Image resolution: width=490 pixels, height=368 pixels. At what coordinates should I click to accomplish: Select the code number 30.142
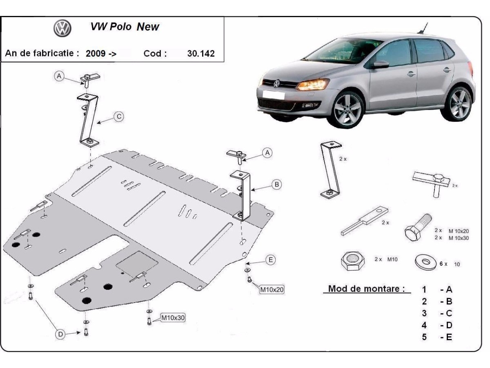pyautogui.click(x=200, y=54)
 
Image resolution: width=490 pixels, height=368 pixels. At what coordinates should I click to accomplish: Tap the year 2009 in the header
pyautogui.click(x=95, y=54)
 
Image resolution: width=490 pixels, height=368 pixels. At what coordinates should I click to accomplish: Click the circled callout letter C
pyautogui.click(x=118, y=117)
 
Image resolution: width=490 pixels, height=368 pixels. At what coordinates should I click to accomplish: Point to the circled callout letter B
pyautogui.click(x=276, y=185)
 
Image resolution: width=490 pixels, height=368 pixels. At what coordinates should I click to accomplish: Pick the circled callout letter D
pyautogui.click(x=60, y=335)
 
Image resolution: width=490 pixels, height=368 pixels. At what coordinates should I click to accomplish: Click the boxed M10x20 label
pyautogui.click(x=272, y=289)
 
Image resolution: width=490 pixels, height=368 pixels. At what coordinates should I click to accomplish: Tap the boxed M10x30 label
pyautogui.click(x=173, y=317)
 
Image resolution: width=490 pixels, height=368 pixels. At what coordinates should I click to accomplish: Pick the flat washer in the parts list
pyautogui.click(x=425, y=262)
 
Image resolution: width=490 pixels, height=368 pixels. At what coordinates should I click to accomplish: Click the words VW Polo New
pyautogui.click(x=125, y=27)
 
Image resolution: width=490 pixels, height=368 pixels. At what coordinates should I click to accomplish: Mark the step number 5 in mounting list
pyautogui.click(x=424, y=337)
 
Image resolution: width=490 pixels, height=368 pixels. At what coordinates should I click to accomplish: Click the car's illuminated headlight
pyautogui.click(x=312, y=85)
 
